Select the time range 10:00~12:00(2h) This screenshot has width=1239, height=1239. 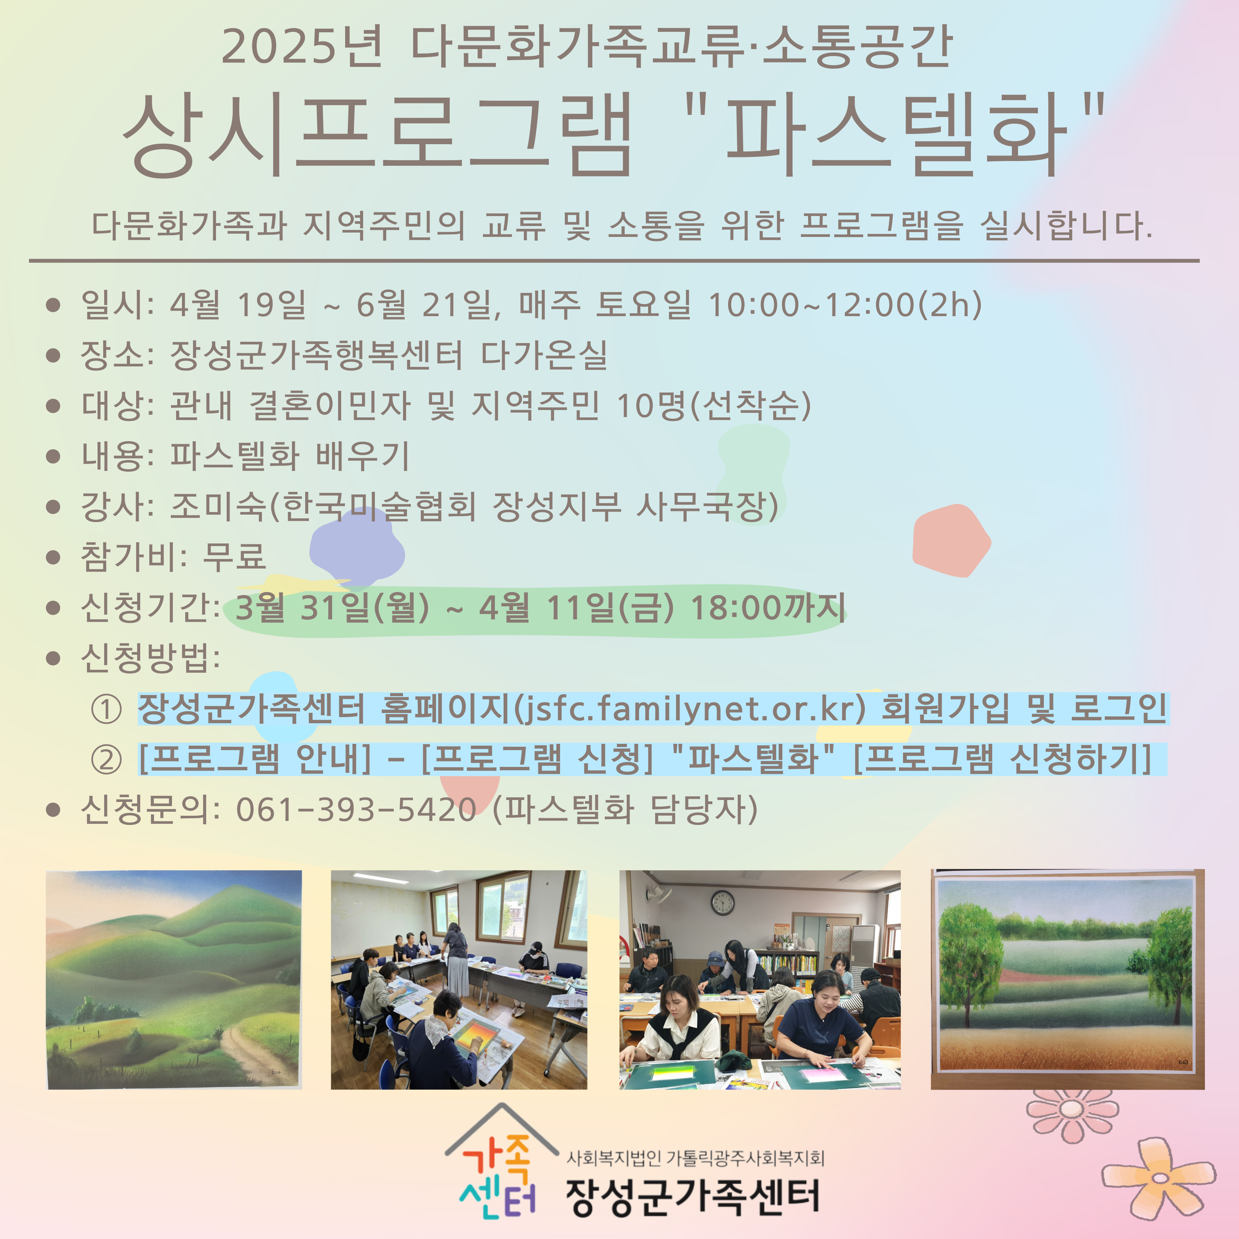[845, 305]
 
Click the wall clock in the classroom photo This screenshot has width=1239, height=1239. [723, 904]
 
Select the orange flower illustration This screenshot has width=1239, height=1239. [1158, 1178]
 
